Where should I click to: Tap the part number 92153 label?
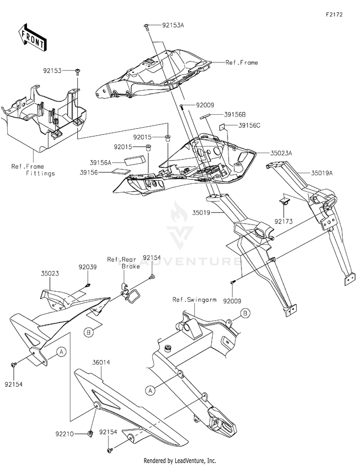(x=52, y=70)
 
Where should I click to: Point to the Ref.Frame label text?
(x=242, y=62)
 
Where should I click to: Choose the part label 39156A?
(x=101, y=162)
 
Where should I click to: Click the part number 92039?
(x=88, y=266)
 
